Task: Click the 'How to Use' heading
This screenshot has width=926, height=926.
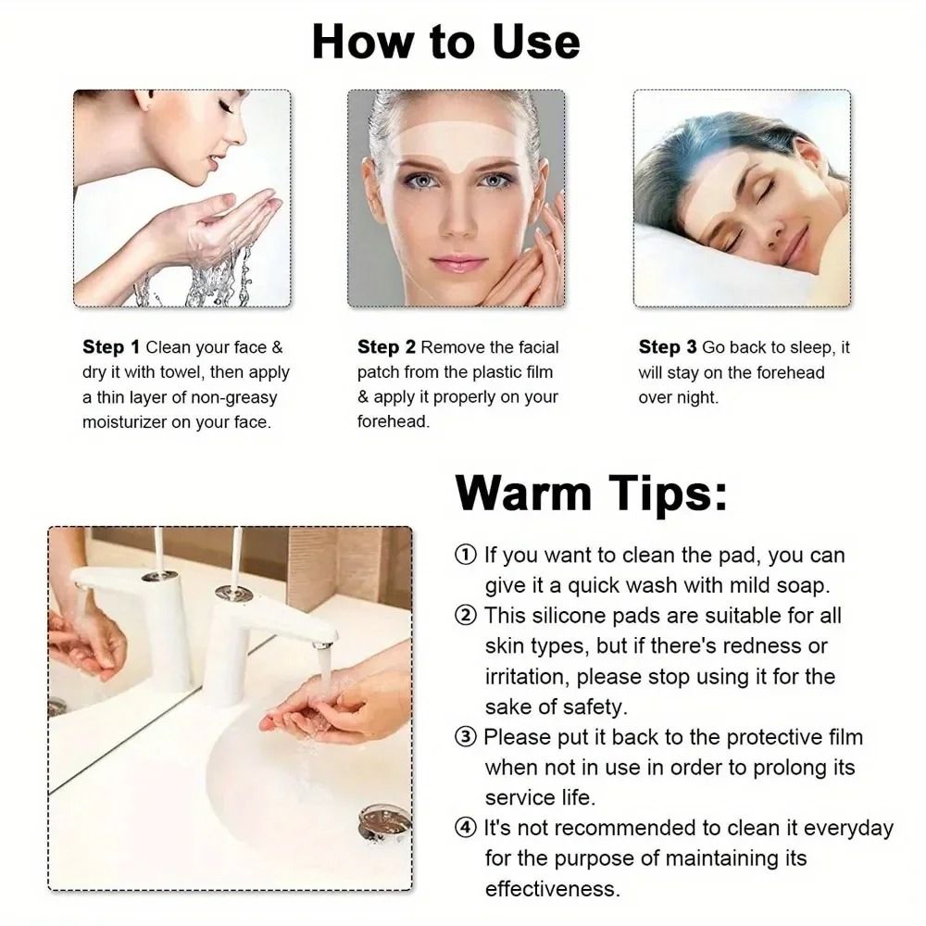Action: (445, 43)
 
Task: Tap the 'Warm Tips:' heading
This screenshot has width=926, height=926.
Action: (591, 493)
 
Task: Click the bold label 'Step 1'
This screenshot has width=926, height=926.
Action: (110, 348)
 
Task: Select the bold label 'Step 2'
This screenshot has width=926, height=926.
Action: (386, 348)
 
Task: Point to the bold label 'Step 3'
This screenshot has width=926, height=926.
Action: (667, 348)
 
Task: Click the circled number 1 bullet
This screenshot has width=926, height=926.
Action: (466, 556)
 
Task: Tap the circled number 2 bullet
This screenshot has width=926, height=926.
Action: (466, 615)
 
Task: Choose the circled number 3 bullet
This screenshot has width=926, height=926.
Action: (466, 737)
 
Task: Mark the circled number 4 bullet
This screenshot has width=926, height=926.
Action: (466, 828)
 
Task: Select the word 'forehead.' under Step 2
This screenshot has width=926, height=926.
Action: (394, 421)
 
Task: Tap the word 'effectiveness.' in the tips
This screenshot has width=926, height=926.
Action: (552, 889)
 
